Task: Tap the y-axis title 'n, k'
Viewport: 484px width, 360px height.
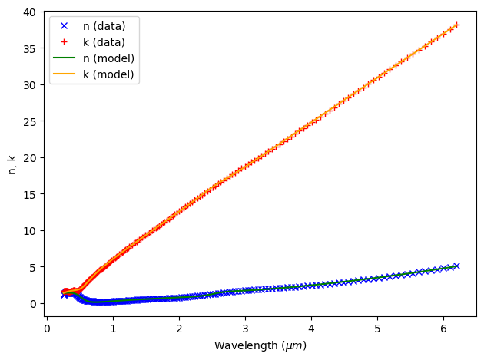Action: tap(12, 163)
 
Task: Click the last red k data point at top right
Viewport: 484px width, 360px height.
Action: tap(456, 25)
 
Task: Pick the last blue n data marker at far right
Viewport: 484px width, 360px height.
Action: tap(456, 266)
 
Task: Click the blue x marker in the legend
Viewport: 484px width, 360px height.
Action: tap(65, 26)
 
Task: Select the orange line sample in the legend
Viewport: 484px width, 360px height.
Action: tap(65, 74)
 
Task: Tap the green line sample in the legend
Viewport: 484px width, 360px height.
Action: tap(65, 58)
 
